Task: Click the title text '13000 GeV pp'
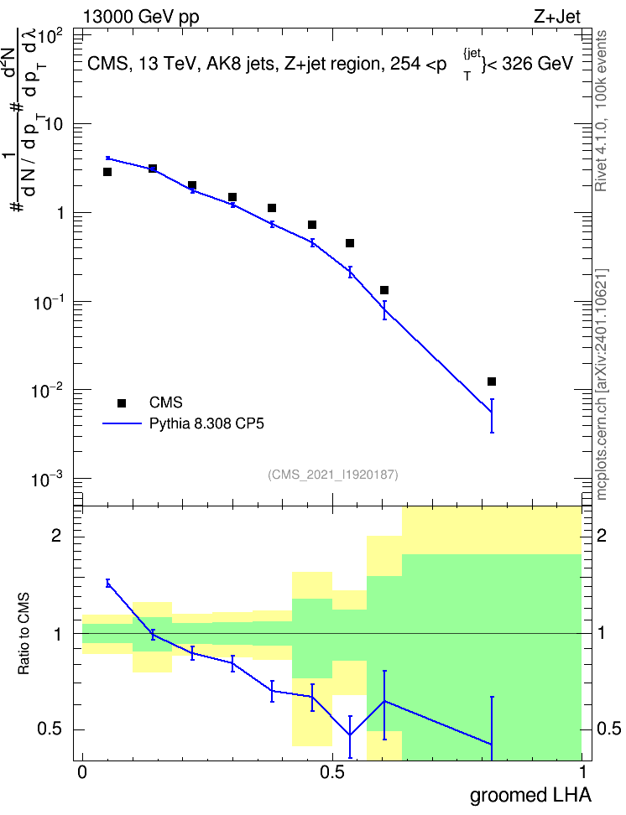coord(141,17)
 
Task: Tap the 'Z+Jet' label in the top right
coord(557,17)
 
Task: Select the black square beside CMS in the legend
coord(122,402)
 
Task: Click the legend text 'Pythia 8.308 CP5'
coord(206,423)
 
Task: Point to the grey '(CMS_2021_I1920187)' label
coord(333,474)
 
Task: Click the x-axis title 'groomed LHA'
coord(531,795)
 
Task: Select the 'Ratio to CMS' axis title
coord(23,634)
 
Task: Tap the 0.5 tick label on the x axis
coord(332,772)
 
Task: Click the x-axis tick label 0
coord(82,772)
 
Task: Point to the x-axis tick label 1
coord(582,772)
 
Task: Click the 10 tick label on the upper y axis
coord(54,125)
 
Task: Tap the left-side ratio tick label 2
coord(56,535)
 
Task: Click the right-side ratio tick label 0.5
coord(608,729)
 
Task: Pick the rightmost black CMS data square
coord(492,382)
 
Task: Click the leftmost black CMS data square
coord(107,172)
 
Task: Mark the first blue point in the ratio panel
coord(107,584)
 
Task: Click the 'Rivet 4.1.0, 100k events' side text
coord(601,111)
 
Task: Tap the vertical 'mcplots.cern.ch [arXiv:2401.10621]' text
coord(602,384)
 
